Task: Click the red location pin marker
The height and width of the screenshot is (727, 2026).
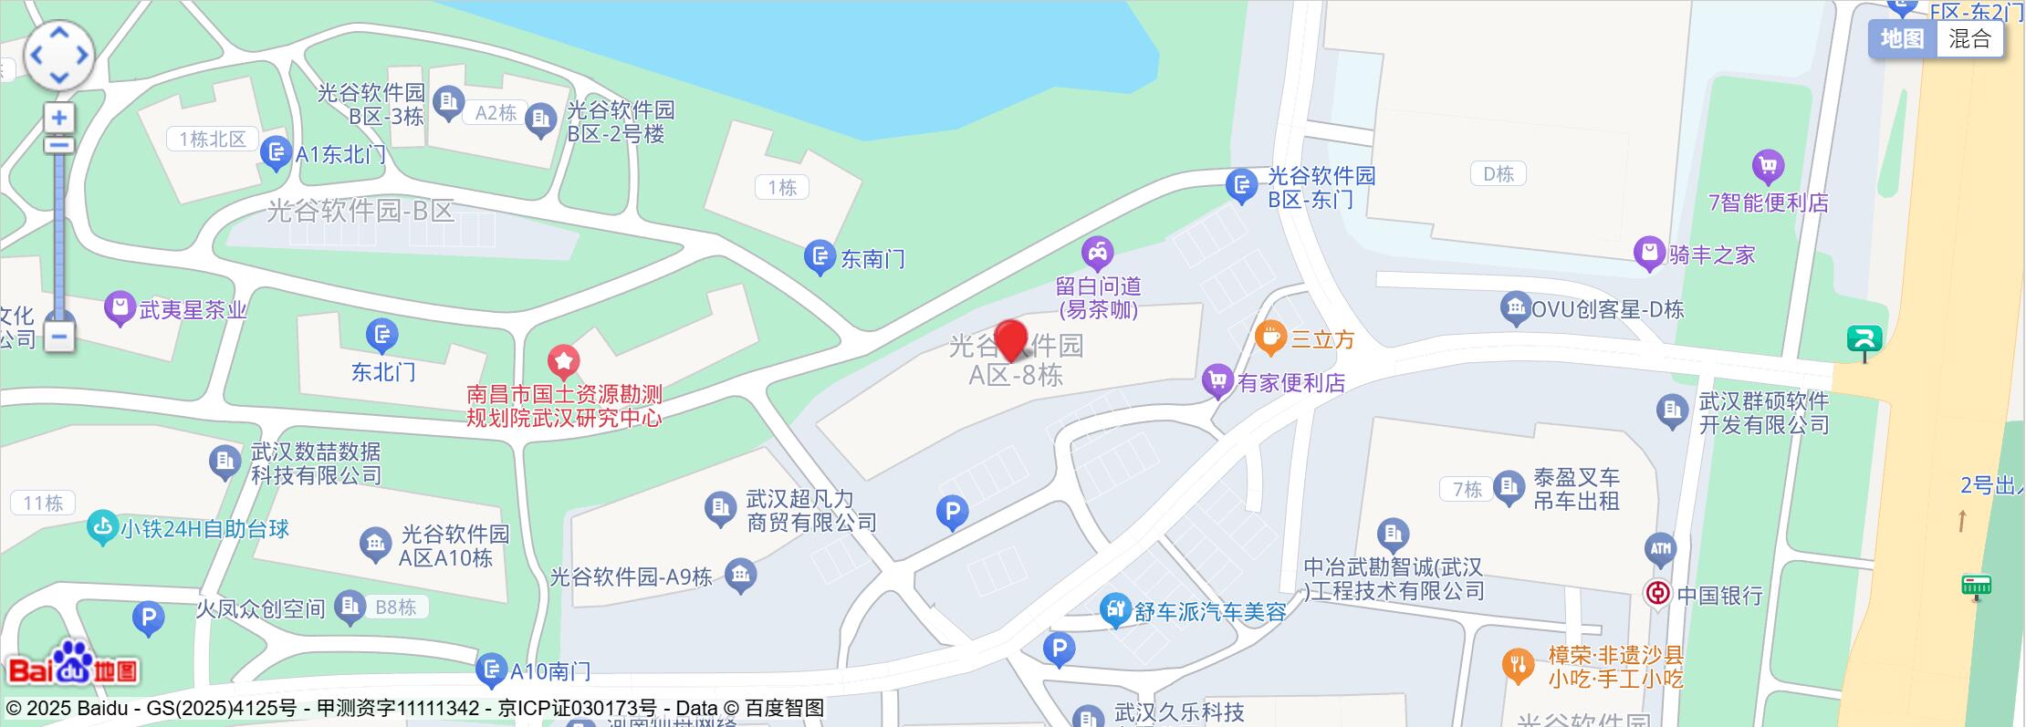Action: (1010, 340)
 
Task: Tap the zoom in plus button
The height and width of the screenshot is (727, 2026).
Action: (59, 118)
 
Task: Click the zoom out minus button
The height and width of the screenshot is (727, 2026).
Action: (59, 337)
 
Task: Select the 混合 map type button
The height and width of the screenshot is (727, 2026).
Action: (1969, 39)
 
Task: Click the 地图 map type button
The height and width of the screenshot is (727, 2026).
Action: (1903, 39)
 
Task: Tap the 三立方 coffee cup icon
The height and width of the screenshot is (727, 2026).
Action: (1269, 338)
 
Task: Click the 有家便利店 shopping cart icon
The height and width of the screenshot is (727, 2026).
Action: (1217, 380)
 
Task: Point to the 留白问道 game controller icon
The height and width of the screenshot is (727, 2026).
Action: (1097, 253)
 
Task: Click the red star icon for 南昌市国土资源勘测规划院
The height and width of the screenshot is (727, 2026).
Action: (563, 361)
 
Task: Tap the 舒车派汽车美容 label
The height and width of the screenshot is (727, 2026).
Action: (1209, 612)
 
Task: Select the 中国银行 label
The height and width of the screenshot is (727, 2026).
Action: (1719, 596)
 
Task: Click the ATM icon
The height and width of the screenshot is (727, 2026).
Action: (1660, 548)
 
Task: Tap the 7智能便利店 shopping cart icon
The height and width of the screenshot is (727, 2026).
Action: (1768, 166)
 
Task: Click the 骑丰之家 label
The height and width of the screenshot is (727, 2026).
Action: (1712, 254)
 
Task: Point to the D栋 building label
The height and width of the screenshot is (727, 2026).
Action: (1498, 173)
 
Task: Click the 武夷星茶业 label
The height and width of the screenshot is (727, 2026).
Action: (193, 310)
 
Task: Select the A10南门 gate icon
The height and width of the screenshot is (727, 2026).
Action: (491, 670)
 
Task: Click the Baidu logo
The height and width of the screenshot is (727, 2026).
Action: (73, 664)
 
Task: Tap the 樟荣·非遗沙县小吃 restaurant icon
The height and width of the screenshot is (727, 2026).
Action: (1518, 665)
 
